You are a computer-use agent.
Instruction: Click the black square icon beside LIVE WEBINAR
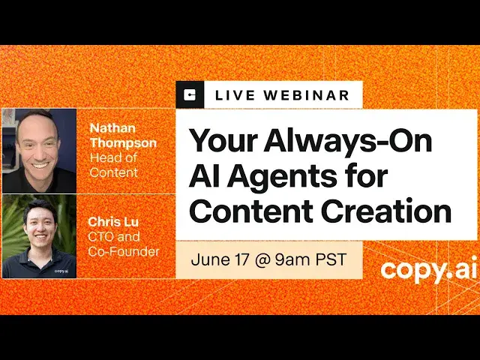point(190,95)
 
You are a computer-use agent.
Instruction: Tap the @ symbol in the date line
point(260,261)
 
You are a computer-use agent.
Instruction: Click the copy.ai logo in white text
point(424,269)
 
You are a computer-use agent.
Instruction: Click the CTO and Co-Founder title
point(124,244)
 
